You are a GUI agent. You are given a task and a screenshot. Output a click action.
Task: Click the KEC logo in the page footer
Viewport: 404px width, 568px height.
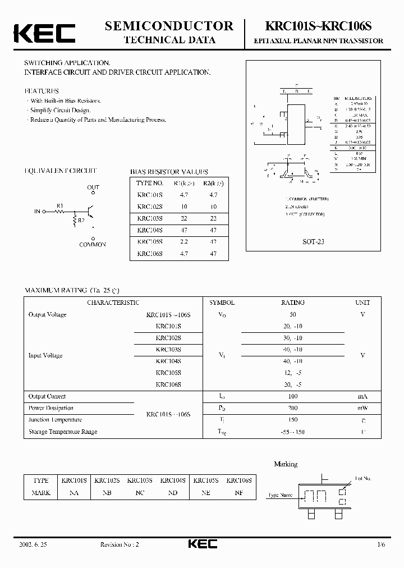(x=201, y=544)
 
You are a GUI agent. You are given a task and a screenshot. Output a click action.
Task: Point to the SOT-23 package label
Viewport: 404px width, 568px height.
(x=313, y=242)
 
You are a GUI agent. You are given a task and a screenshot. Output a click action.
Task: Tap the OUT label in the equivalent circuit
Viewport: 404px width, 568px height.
(x=93, y=187)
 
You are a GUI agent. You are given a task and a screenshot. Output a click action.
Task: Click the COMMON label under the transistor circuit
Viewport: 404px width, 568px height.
(x=93, y=245)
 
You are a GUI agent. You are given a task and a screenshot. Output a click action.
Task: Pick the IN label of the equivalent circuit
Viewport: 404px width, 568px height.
(x=38, y=211)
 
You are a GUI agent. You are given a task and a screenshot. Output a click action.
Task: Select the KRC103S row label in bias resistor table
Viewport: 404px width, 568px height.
(x=150, y=218)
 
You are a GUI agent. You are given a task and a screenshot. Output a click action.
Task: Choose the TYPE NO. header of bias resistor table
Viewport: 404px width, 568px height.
(x=150, y=183)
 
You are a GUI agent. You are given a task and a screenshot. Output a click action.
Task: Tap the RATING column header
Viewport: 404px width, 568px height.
(x=292, y=303)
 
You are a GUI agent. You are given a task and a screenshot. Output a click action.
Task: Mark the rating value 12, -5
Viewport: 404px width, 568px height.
(x=292, y=373)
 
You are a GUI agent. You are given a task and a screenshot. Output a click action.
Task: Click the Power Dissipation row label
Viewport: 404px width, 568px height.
(x=51, y=408)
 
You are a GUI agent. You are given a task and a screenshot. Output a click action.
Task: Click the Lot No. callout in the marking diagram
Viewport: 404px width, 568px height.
(x=363, y=478)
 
